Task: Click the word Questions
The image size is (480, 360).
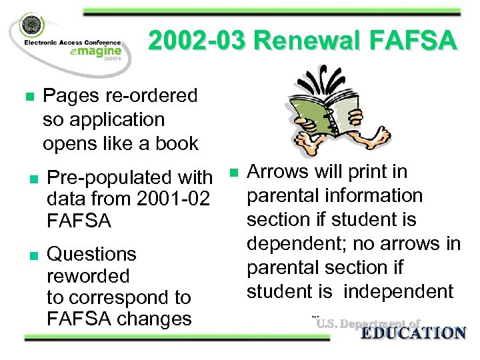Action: [93, 254]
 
